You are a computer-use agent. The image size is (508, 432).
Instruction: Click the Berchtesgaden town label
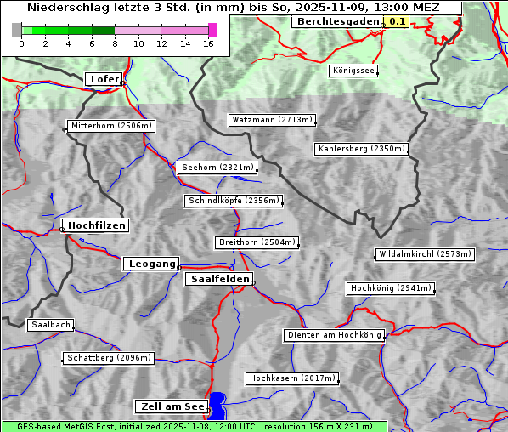click(x=337, y=21)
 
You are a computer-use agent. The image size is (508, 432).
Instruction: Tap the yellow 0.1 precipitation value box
click(x=397, y=21)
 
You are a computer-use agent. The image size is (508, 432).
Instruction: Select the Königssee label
click(x=353, y=71)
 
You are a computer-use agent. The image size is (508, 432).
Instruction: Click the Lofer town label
click(x=104, y=79)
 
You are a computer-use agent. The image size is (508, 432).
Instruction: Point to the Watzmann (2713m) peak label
click(x=272, y=120)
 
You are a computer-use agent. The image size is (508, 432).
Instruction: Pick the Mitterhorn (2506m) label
click(x=111, y=126)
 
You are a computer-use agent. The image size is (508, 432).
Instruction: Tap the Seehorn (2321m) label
click(x=217, y=168)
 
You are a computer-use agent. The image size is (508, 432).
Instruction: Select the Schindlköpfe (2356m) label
click(x=233, y=201)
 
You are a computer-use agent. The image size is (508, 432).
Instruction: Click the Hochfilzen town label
click(x=96, y=225)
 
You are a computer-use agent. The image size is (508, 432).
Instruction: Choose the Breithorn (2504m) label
click(x=257, y=242)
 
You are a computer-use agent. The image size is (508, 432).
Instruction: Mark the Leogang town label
click(x=152, y=264)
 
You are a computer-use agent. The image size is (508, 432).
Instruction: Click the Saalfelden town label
click(x=218, y=279)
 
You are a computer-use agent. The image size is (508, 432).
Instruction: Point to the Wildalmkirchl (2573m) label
click(x=424, y=254)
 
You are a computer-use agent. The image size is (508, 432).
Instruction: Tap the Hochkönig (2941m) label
click(x=391, y=288)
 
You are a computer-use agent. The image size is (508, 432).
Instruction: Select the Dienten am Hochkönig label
click(x=334, y=335)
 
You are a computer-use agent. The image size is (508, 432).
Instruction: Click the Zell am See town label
click(x=171, y=406)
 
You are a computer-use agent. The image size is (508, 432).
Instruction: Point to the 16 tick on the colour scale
click(x=209, y=43)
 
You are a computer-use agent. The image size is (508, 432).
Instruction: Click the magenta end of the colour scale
click(x=212, y=30)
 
